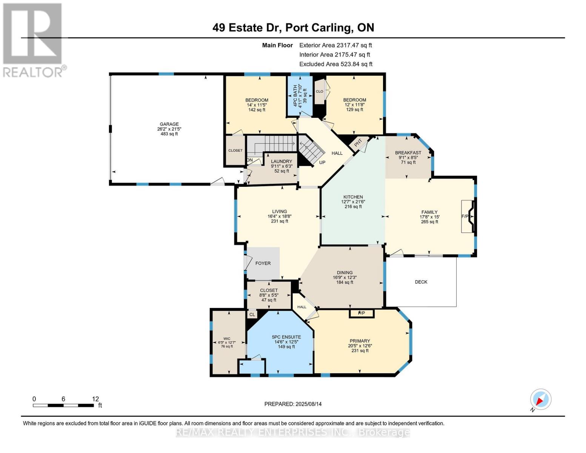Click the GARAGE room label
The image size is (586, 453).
point(169,124)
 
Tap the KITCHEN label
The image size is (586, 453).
point(353,197)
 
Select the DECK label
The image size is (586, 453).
point(421,282)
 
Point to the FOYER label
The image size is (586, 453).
point(263,263)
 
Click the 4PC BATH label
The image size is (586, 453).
point(295,96)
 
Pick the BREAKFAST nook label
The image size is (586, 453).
point(408,153)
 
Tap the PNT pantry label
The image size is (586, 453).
point(358,144)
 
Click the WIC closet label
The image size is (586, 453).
point(227,339)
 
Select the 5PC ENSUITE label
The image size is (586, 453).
point(286,337)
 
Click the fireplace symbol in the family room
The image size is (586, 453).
point(468,216)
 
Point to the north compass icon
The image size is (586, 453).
point(540,400)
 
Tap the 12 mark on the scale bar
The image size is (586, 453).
point(95,399)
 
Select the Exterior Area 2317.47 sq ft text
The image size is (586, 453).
point(335,45)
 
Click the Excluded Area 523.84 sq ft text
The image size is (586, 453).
point(336,64)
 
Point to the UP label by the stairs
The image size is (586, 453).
point(322,162)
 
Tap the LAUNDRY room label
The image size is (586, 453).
point(281,161)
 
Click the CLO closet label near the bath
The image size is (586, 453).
point(320,91)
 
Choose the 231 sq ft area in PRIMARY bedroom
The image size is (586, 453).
point(360,350)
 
